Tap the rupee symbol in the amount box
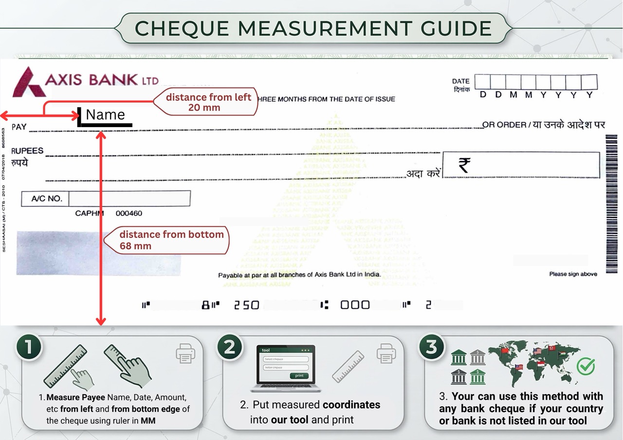pyautogui.click(x=464, y=165)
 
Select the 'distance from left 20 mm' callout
pyautogui.click(x=208, y=102)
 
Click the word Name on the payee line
pyautogui.click(x=106, y=115)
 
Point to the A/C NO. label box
pyautogui.click(x=46, y=199)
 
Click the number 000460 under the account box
pyautogui.click(x=129, y=213)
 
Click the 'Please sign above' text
pyautogui.click(x=573, y=274)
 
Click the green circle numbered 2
pyautogui.click(x=229, y=348)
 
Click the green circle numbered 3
pyautogui.click(x=431, y=348)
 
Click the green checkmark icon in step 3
pyautogui.click(x=586, y=366)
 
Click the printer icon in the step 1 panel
pyautogui.click(x=185, y=354)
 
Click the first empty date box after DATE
pyautogui.click(x=482, y=82)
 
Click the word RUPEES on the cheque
pyautogui.click(x=27, y=151)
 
